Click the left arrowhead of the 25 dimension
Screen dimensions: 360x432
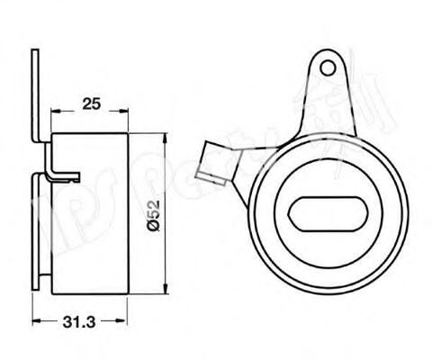click(53, 112)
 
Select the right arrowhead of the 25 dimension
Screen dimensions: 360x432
click(123, 112)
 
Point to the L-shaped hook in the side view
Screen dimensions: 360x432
click(60, 167)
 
